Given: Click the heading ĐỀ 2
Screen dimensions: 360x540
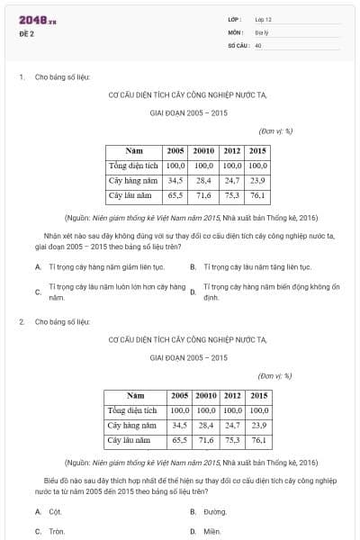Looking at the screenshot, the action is (x=26, y=34).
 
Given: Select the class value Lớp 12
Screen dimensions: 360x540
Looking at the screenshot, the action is (x=264, y=19).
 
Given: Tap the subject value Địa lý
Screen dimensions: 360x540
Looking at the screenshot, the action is (x=263, y=31).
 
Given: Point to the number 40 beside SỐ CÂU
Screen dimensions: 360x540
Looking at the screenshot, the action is (x=257, y=44).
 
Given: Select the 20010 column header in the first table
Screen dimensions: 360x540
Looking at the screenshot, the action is (x=203, y=151).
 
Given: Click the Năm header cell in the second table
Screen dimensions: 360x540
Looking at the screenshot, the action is (x=136, y=396).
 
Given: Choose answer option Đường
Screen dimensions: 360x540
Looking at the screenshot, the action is (x=213, y=511).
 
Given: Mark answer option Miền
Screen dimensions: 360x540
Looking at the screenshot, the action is (x=211, y=531).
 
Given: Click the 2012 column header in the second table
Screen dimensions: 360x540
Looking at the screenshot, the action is (x=232, y=396).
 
